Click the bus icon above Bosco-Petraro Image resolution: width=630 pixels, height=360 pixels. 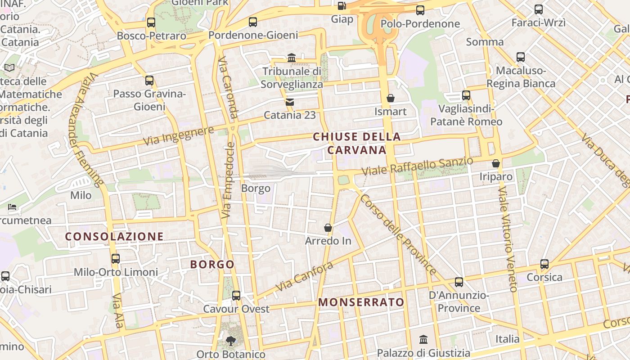tap(151, 22)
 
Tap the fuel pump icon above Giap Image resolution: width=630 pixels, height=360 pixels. tap(342, 6)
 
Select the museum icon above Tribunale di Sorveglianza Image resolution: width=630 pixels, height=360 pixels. tap(292, 58)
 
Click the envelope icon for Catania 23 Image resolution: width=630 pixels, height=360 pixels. tap(289, 102)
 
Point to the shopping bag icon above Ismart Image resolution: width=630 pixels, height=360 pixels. tap(391, 98)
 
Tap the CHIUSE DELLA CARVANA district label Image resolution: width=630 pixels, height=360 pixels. tap(357, 143)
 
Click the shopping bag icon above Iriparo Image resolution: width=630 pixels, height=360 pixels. tap(496, 163)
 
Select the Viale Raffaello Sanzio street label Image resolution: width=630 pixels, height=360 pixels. tap(418, 166)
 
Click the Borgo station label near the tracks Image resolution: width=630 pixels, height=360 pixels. tap(256, 188)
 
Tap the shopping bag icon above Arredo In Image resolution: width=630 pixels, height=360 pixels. tap(328, 228)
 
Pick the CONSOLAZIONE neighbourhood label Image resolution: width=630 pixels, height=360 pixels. tap(114, 236)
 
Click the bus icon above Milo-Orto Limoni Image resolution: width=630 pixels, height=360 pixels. tap(116, 259)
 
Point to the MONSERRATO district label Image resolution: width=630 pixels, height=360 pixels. tap(361, 302)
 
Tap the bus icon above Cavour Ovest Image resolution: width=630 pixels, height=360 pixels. tap(236, 296)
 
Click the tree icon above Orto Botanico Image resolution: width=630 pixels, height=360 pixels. tap(231, 341)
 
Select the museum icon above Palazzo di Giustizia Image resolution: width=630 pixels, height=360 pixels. tap(423, 339)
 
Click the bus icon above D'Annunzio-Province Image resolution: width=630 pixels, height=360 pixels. tap(459, 282)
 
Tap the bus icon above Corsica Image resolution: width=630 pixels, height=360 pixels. tap(544, 264)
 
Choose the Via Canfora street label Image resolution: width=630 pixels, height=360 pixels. tap(304, 276)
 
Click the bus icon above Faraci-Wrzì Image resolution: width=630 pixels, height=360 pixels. tap(539, 9)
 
